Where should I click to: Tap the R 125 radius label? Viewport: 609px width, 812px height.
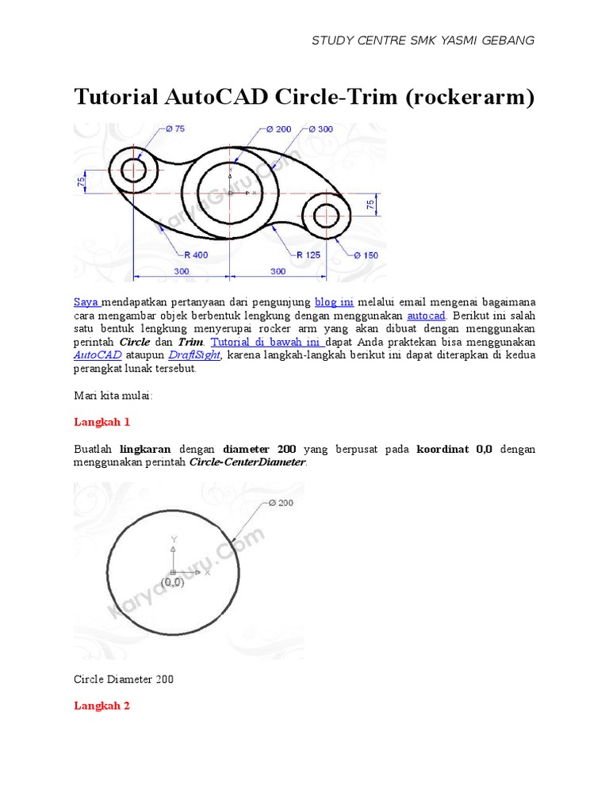click(x=308, y=255)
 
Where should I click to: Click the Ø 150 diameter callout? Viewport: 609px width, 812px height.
click(x=367, y=255)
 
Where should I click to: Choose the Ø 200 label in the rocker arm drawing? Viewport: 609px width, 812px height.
click(x=278, y=128)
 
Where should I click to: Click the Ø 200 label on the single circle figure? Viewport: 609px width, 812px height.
click(x=281, y=503)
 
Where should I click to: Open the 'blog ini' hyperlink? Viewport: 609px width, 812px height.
click(x=334, y=302)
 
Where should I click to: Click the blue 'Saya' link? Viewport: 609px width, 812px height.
click(x=86, y=302)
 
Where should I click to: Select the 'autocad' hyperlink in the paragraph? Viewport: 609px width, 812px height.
click(x=426, y=316)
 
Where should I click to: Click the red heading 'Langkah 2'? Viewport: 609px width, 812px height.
click(x=101, y=705)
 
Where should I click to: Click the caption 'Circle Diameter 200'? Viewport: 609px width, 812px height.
click(x=123, y=680)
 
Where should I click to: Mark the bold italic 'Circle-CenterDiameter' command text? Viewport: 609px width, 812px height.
click(x=247, y=462)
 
